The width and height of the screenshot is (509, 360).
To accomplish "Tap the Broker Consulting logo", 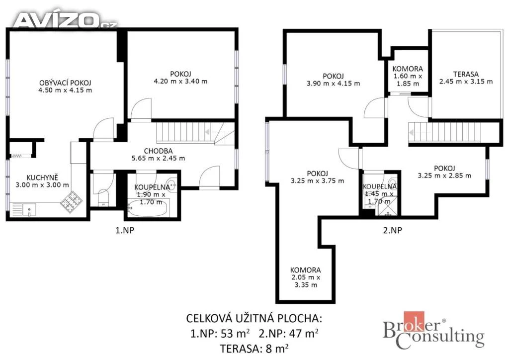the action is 433,331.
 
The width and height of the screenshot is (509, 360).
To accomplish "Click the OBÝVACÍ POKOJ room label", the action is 65,83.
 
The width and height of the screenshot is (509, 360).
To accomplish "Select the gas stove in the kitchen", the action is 71,202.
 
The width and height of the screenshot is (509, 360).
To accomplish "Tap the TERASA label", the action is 466,74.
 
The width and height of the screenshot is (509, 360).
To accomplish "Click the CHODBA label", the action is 158,151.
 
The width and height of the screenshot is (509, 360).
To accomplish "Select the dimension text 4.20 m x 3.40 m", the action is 180,81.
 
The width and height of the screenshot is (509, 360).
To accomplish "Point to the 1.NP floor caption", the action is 125,230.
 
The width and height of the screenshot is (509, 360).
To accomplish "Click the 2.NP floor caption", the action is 393,230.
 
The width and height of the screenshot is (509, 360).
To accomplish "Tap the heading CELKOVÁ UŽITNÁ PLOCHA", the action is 254,318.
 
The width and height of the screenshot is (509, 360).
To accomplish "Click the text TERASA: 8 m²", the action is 254,349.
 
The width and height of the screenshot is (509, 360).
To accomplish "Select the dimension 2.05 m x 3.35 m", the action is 306,281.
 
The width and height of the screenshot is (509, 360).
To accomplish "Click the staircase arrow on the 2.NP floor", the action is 411,132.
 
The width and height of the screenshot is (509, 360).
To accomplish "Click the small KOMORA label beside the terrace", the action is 408,69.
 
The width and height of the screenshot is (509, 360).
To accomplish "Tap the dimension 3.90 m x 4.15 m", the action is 333,84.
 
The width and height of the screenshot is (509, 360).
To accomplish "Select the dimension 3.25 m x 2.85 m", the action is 444,176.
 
